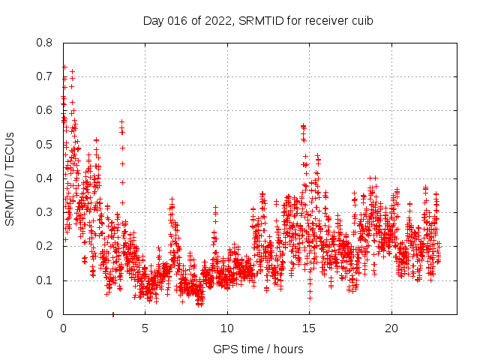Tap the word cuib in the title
pyautogui.click(x=361, y=21)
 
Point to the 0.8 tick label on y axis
pyautogui.click(x=45, y=43)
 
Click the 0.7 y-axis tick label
pyautogui.click(x=45, y=76)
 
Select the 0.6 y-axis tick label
pyautogui.click(x=45, y=110)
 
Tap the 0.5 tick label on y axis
pyautogui.click(x=45, y=145)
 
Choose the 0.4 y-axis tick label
pyautogui.click(x=45, y=178)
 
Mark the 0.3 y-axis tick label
pyautogui.click(x=45, y=212)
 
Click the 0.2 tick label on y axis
pyautogui.click(x=45, y=246)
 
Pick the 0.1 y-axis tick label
pyautogui.click(x=45, y=280)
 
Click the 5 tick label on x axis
pyautogui.click(x=145, y=328)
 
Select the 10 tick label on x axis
pyautogui.click(x=227, y=328)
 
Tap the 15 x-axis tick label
pyautogui.click(x=310, y=328)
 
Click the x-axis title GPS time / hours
pyautogui.click(x=258, y=349)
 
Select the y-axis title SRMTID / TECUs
pyautogui.click(x=10, y=178)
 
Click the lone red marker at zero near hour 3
pyautogui.click(x=112, y=314)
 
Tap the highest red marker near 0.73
pyautogui.click(x=64, y=67)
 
